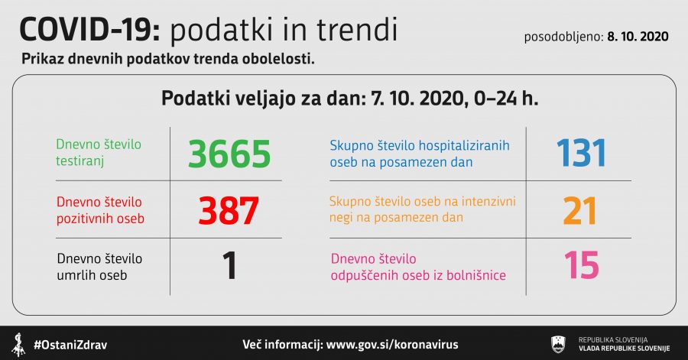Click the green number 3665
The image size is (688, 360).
[x=229, y=154]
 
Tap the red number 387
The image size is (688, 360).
[x=228, y=210]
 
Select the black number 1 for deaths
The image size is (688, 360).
[x=229, y=265]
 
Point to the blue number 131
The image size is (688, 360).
[x=582, y=153]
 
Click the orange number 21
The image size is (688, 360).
[x=580, y=211]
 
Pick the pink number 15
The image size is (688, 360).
[x=582, y=265]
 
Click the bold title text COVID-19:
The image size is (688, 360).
[x=90, y=31]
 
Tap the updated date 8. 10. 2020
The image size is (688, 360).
[x=638, y=37]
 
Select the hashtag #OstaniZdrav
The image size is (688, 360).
[x=70, y=345]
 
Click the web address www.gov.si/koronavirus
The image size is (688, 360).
[x=392, y=345]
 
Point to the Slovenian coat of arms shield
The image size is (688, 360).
[x=558, y=344]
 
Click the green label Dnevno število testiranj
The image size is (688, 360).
[x=99, y=153]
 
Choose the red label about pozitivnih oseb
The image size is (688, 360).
[x=100, y=210]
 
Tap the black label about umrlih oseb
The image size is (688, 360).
[x=99, y=267]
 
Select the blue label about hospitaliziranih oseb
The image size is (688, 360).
[x=420, y=154]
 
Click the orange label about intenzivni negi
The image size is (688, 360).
[x=423, y=209]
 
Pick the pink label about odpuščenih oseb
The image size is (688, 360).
[x=418, y=267]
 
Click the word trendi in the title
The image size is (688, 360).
[x=357, y=30]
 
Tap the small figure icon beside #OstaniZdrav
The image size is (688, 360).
[x=18, y=345]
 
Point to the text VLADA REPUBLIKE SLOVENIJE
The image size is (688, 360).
[x=624, y=349]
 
